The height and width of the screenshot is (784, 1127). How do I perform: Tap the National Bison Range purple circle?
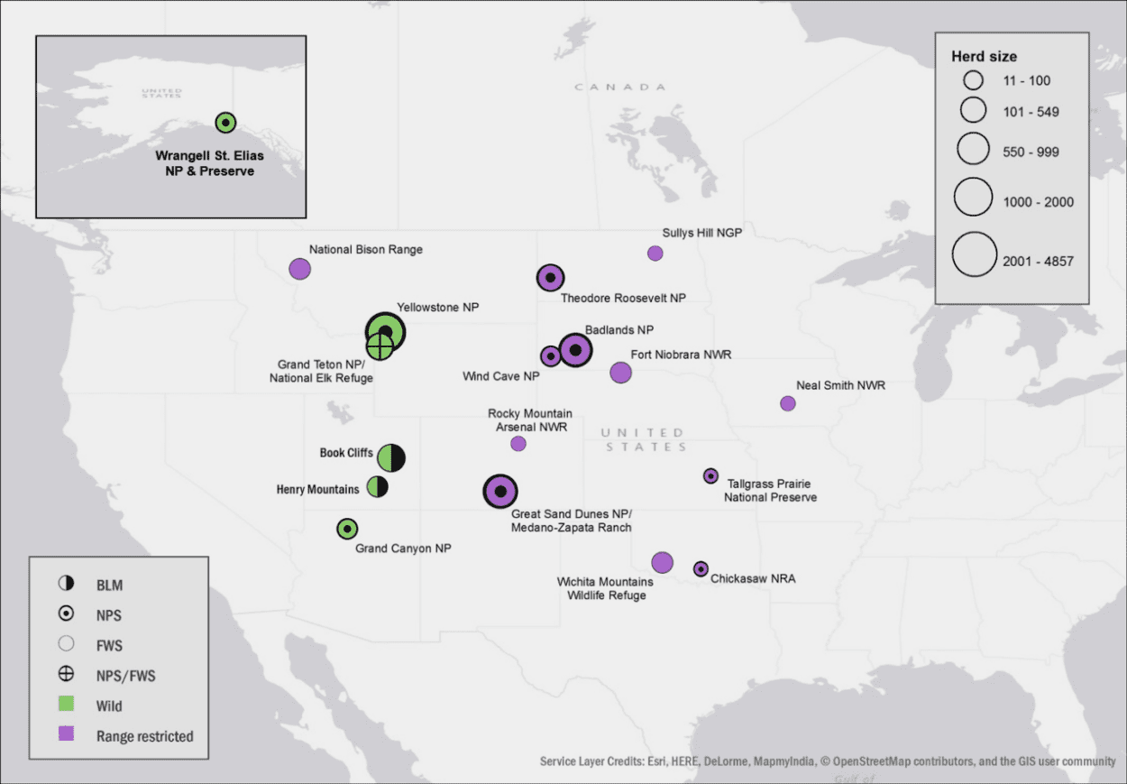pos(299,268)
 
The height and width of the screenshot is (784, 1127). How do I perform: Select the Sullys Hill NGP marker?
pos(655,253)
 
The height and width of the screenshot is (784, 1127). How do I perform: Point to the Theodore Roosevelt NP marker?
pos(550,278)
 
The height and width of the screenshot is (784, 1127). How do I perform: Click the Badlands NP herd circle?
pos(575,350)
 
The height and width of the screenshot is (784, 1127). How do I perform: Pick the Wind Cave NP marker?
pos(550,356)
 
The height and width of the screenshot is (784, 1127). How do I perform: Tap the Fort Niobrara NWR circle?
pos(620,372)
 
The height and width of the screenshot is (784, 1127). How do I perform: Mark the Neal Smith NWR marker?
pos(788,403)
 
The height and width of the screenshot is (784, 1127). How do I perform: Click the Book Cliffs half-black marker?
pos(390,457)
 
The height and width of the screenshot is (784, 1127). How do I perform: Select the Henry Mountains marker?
pos(378,488)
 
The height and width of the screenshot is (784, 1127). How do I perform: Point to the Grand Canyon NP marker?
pos(347,529)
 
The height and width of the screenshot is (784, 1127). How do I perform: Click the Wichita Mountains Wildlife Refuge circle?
pos(662,562)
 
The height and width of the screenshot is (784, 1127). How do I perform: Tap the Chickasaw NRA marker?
pos(701,568)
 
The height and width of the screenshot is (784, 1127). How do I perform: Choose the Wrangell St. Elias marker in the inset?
pos(225,123)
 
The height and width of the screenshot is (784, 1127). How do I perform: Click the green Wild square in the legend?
pos(66,705)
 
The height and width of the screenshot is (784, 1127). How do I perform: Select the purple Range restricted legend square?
pos(66,734)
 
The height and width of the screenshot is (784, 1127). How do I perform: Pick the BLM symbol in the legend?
pos(66,584)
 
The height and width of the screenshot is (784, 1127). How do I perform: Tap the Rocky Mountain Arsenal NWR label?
pos(530,420)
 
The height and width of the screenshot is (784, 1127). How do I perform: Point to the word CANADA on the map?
pos(619,87)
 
